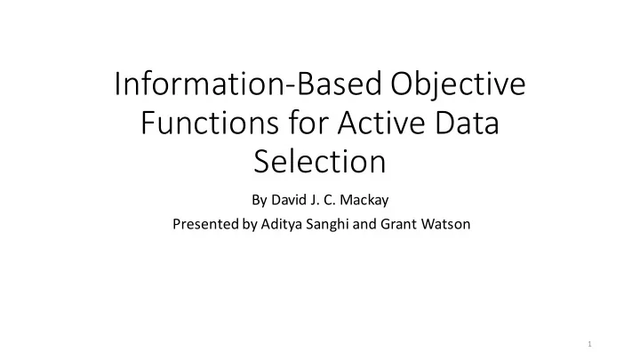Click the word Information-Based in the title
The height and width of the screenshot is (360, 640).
(248, 84)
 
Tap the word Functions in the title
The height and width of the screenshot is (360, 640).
(210, 123)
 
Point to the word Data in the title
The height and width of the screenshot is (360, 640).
(467, 123)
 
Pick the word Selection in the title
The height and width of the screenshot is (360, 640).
(320, 162)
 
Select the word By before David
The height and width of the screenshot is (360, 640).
(260, 201)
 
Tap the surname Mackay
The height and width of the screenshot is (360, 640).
(364, 201)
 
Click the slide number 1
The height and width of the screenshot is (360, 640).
(589, 344)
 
